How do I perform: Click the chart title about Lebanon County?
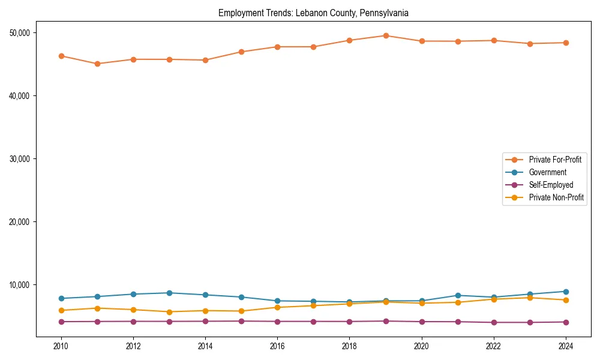313,13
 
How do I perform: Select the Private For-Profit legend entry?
554,160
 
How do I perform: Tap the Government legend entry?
547,172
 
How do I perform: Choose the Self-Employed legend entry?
551,185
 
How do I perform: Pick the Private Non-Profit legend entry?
556,197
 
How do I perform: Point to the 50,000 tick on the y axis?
22,32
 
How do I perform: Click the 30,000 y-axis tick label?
22,158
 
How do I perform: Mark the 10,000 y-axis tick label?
22,284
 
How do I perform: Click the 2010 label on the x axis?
61,346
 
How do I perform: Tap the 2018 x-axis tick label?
349,346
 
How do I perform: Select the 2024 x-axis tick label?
566,346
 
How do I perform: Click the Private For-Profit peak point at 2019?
386,35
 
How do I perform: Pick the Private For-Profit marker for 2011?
97,64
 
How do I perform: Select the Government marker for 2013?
169,293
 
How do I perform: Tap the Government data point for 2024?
566,292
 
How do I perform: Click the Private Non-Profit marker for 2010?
61,310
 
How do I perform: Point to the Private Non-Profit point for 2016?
277,307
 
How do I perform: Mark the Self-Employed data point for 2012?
133,321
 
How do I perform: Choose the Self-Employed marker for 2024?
566,322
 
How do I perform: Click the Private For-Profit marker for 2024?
566,43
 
